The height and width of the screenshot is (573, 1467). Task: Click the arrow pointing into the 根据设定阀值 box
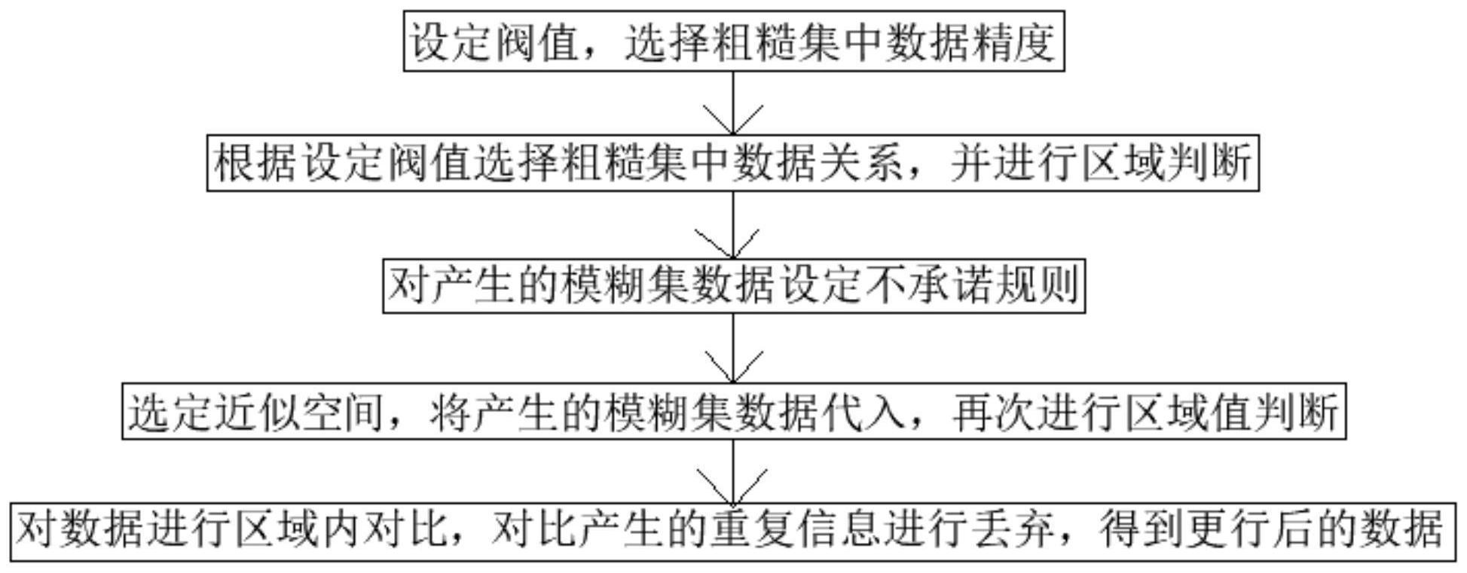(x=733, y=103)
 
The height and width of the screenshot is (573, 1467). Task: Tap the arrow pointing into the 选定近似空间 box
(x=733, y=347)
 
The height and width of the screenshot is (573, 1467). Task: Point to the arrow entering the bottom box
(x=733, y=471)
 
